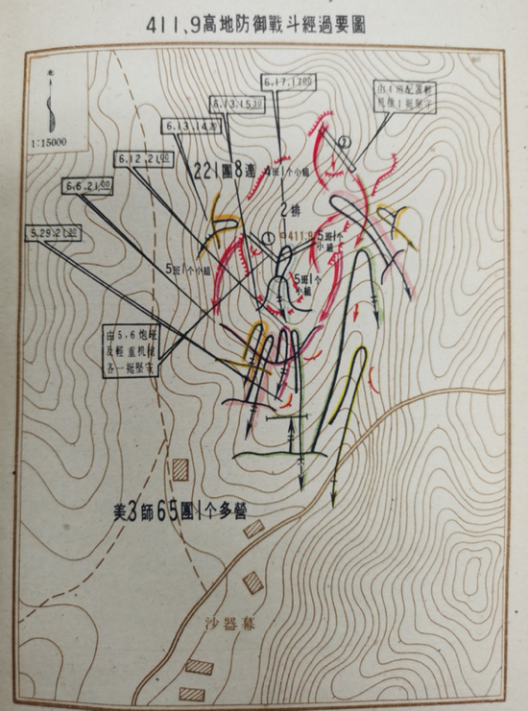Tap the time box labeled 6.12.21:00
[x=147, y=157]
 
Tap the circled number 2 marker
[x=344, y=144]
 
